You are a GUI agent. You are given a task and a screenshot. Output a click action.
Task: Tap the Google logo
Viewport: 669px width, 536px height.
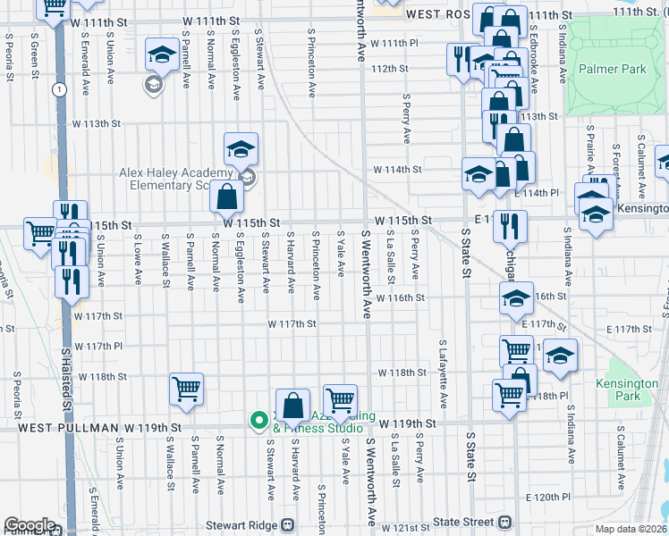click(x=30, y=525)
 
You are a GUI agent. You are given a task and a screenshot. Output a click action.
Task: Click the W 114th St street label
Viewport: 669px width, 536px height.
click(x=397, y=169)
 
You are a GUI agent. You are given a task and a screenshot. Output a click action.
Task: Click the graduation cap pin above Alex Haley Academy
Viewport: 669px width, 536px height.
click(x=241, y=149)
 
